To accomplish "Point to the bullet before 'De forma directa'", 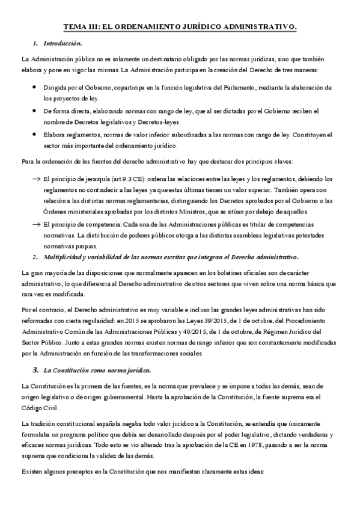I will (34, 111).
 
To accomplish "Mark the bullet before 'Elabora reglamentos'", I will (34, 134).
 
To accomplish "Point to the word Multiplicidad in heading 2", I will (66, 257).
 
